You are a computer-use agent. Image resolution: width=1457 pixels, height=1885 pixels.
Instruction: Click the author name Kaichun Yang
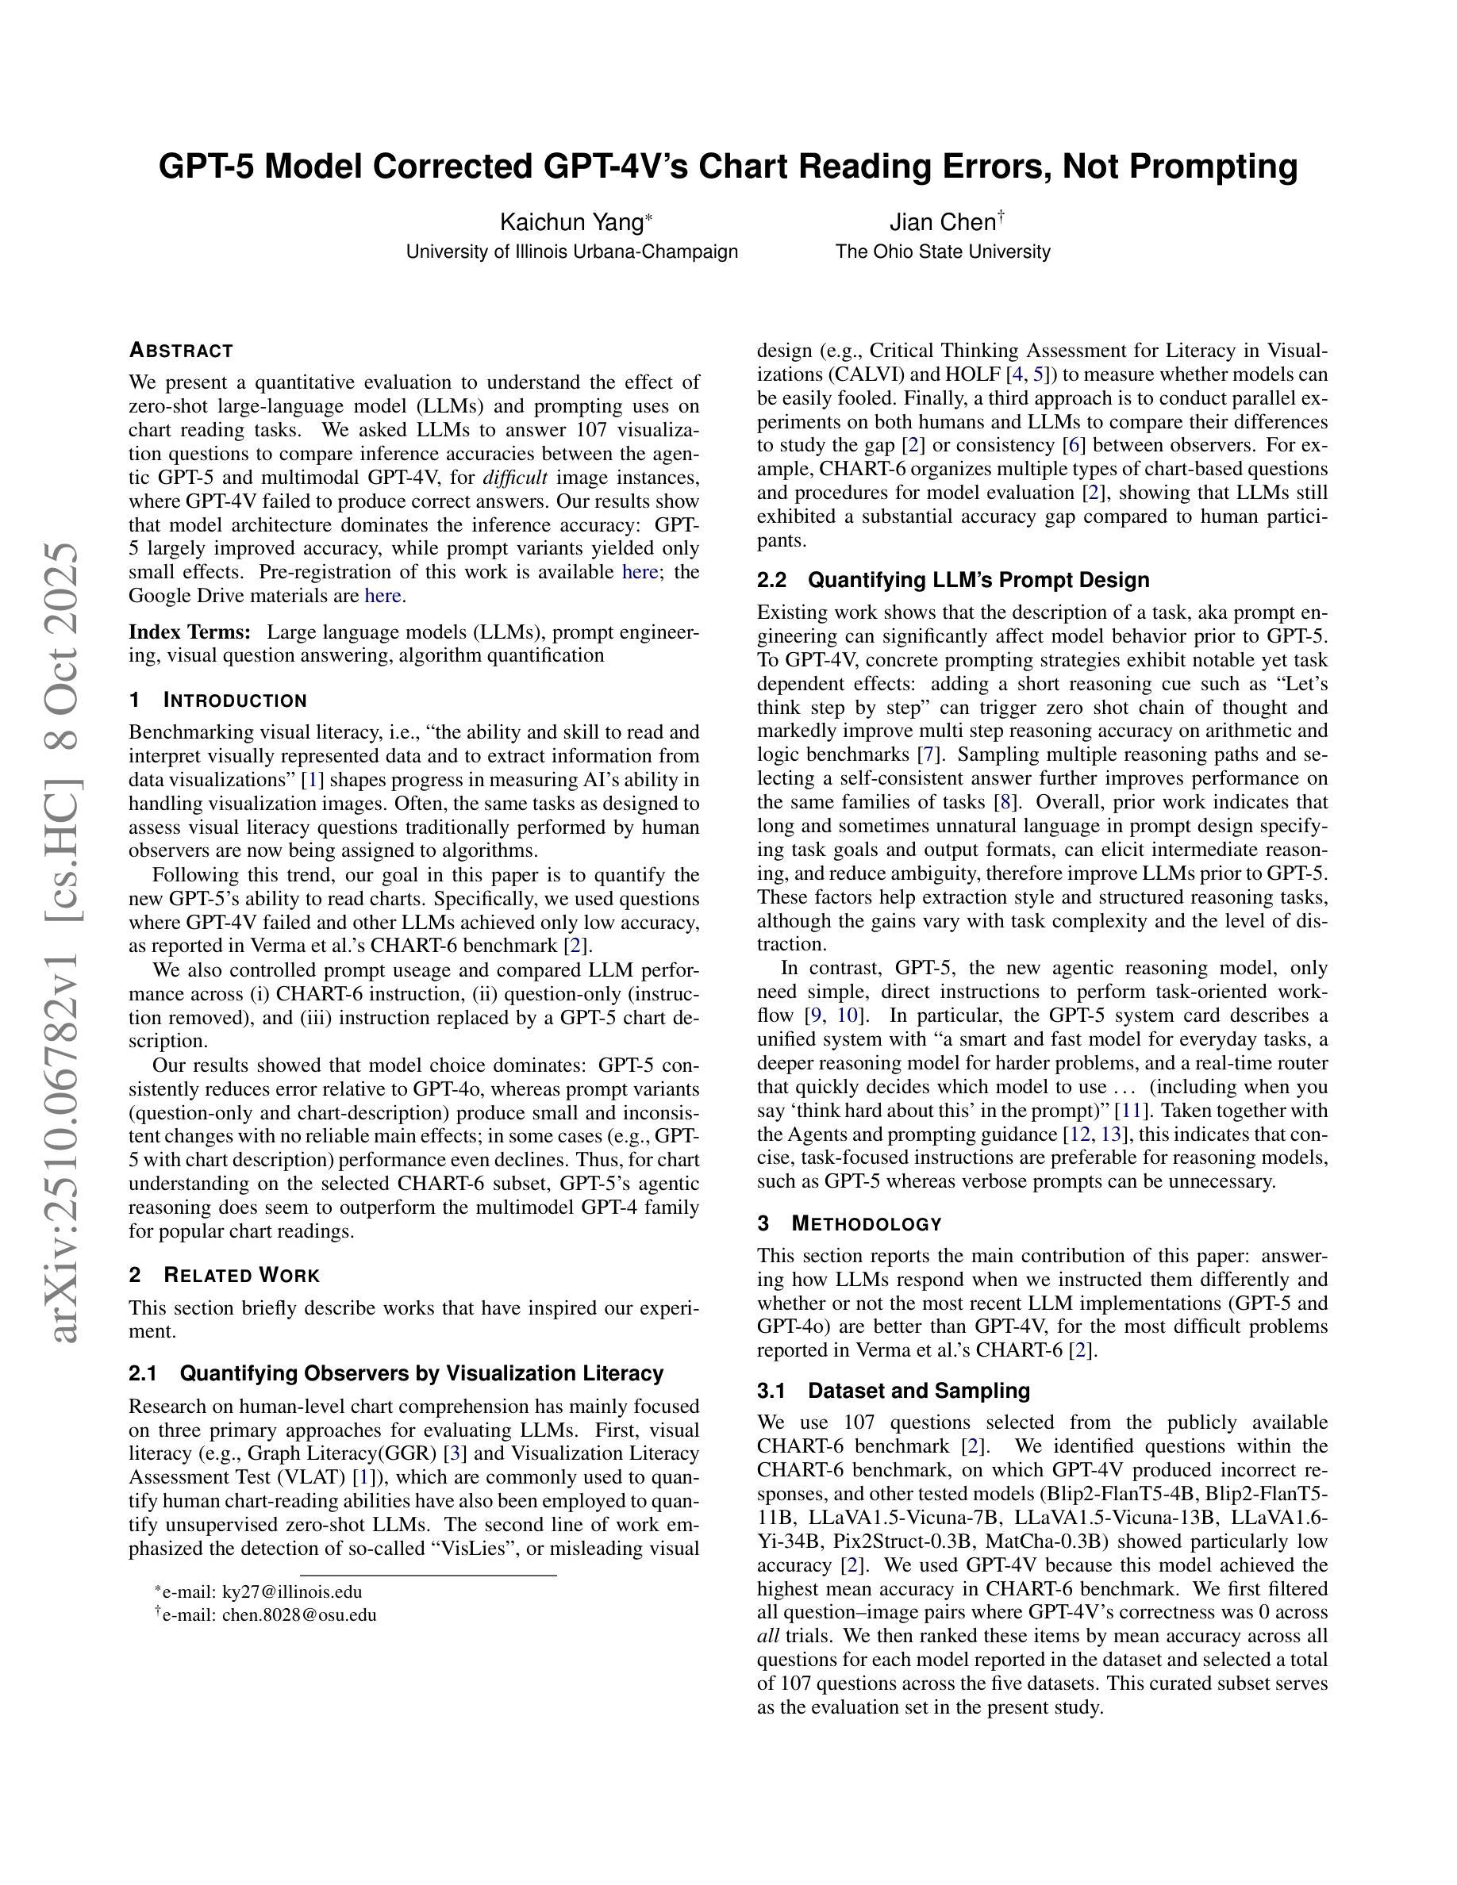pyautogui.click(x=571, y=223)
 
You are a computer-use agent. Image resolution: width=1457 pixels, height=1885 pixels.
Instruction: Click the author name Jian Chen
pyautogui.click(x=943, y=223)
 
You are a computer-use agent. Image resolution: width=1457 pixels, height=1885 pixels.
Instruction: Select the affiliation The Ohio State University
pyautogui.click(x=943, y=252)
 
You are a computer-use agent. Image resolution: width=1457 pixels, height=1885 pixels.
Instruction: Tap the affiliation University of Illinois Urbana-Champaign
pyautogui.click(x=571, y=252)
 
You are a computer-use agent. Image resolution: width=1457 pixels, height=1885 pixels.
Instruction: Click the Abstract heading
pyautogui.click(x=181, y=351)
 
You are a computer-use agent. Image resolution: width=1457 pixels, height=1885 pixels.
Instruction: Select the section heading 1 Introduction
pyautogui.click(x=217, y=700)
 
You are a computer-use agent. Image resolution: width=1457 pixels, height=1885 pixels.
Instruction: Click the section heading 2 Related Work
pyautogui.click(x=225, y=1276)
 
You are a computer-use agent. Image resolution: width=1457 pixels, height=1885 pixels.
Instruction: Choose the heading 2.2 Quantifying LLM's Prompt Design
pyautogui.click(x=953, y=580)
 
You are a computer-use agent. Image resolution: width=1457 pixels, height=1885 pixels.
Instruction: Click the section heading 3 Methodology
pyautogui.click(x=849, y=1224)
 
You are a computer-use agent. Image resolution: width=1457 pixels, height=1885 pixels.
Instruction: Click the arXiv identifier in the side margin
pyautogui.click(x=67, y=941)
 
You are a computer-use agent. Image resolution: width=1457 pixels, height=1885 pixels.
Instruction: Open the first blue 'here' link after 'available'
pyautogui.click(x=640, y=572)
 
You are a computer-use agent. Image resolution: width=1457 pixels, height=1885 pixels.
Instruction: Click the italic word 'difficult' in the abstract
pyautogui.click(x=514, y=478)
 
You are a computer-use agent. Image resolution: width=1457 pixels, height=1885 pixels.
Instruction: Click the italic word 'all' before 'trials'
pyautogui.click(x=768, y=1636)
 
